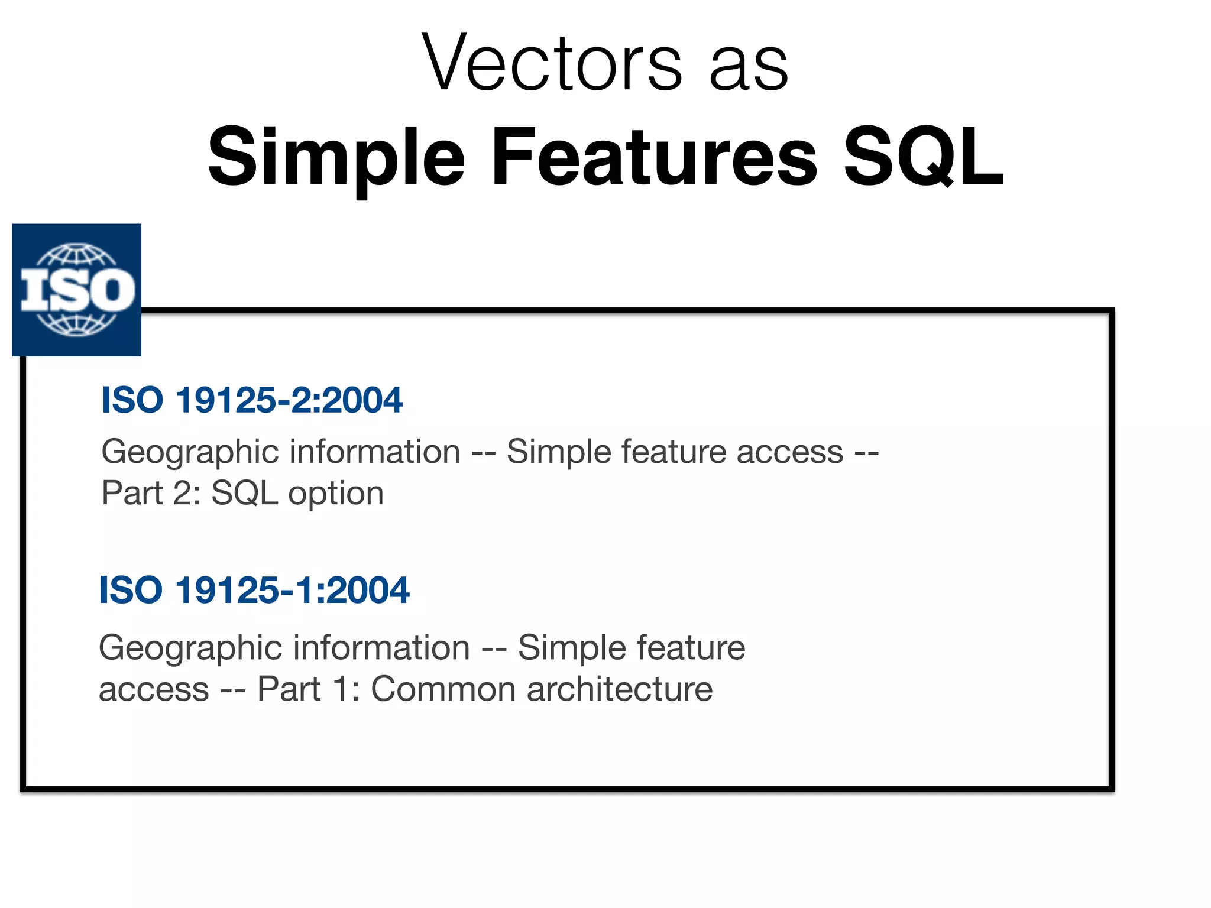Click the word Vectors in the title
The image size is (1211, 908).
552,64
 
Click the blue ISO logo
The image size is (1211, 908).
77,290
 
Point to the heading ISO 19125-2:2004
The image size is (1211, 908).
252,400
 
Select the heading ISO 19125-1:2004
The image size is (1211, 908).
254,590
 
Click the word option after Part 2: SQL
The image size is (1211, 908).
335,493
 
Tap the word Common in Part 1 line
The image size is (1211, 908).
443,689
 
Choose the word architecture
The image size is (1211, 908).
619,689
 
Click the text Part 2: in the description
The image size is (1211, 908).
151,493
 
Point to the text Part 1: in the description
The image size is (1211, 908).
308,689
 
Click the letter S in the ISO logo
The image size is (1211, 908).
76,290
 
